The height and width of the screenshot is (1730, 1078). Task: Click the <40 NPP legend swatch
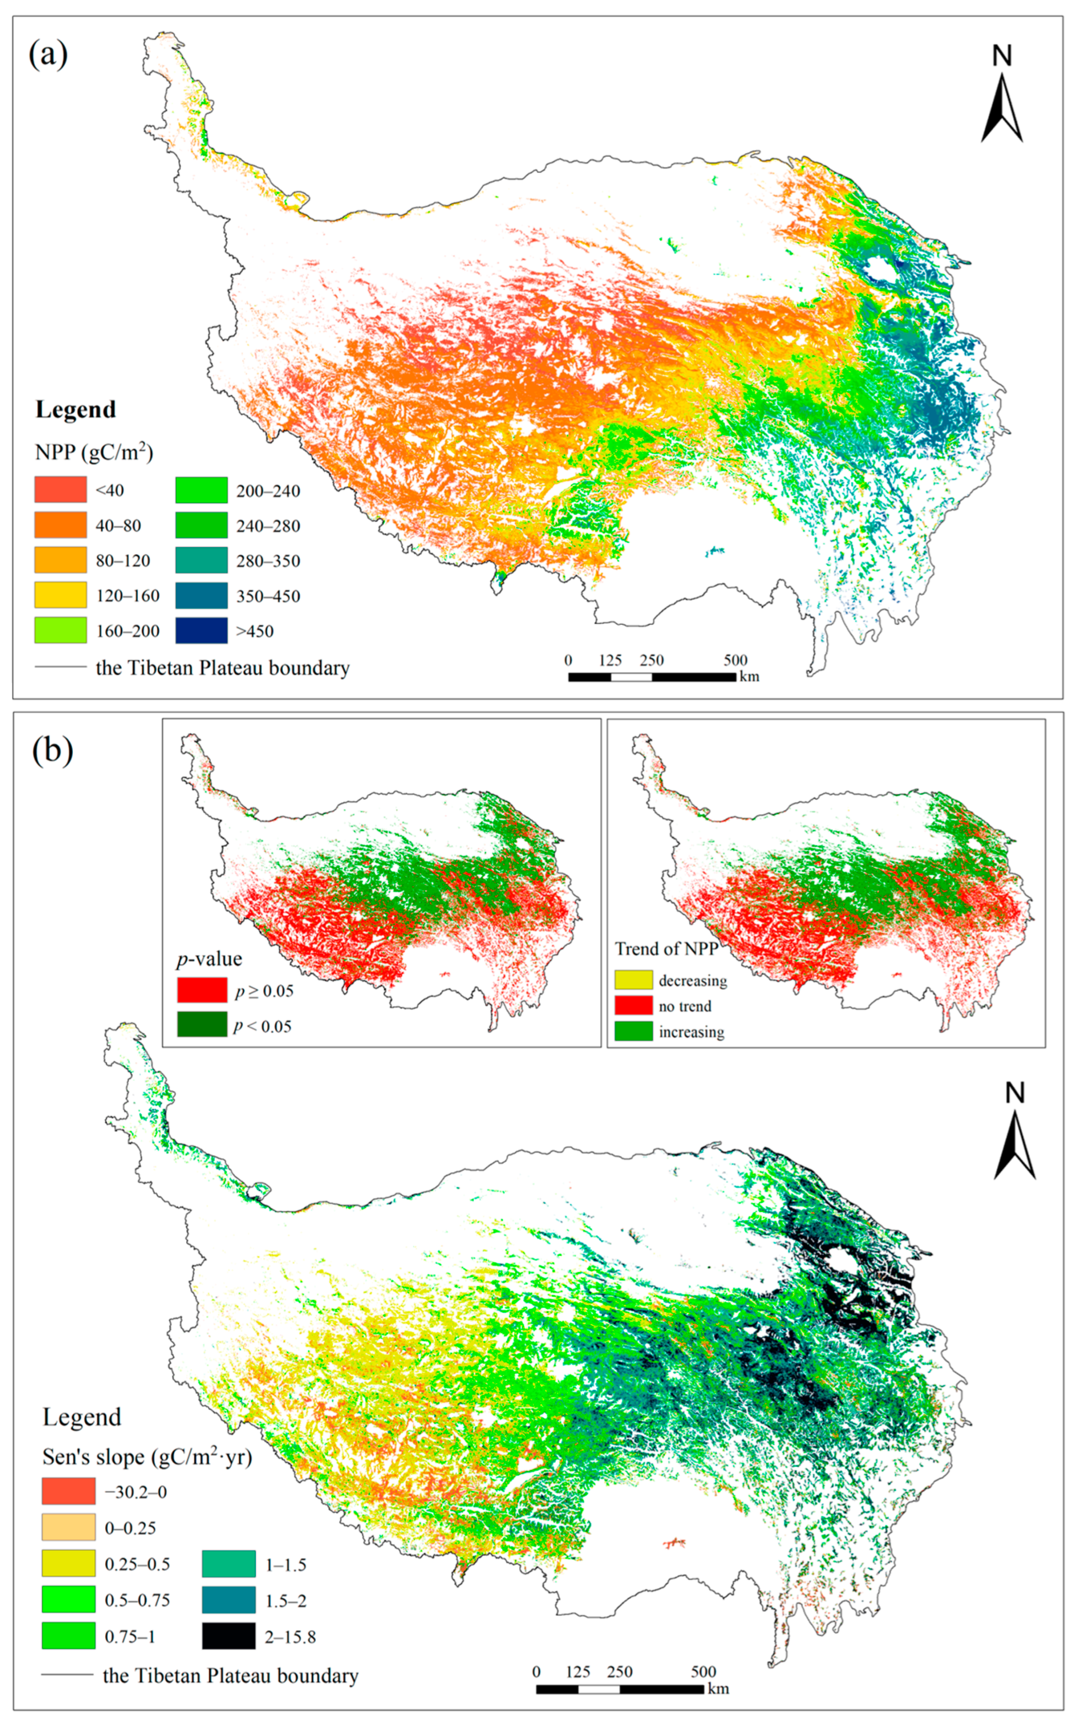(x=61, y=490)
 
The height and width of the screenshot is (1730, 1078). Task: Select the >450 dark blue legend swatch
(x=201, y=630)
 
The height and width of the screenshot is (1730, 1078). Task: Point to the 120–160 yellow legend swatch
(x=61, y=595)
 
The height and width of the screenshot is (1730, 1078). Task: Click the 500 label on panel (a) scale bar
(x=735, y=660)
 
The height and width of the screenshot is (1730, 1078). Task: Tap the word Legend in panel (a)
(x=76, y=410)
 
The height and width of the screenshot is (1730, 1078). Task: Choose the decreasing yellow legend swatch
(x=633, y=980)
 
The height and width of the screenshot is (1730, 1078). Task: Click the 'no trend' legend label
(x=684, y=1006)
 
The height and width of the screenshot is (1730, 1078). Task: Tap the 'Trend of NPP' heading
(x=666, y=949)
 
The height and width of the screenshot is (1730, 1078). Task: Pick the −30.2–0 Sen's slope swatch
(x=68, y=1491)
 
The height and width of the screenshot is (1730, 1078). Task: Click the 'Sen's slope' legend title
(x=147, y=1457)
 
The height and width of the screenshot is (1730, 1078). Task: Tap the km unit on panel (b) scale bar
(x=719, y=1688)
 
